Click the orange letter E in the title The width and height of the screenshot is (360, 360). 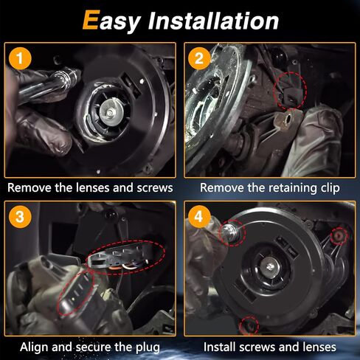[91, 20]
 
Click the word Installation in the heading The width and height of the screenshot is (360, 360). [213, 21]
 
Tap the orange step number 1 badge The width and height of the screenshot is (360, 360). [20, 58]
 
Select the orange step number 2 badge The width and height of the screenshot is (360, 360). [199, 58]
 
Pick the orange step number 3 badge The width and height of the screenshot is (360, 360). [20, 217]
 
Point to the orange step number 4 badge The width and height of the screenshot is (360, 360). [199, 217]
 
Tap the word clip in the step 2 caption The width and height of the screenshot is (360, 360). [330, 188]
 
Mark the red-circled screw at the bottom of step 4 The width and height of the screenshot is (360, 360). [249, 326]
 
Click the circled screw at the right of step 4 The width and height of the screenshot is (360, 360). [339, 235]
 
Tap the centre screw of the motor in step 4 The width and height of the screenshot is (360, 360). [270, 266]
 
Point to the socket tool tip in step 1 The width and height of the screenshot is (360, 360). [71, 76]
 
